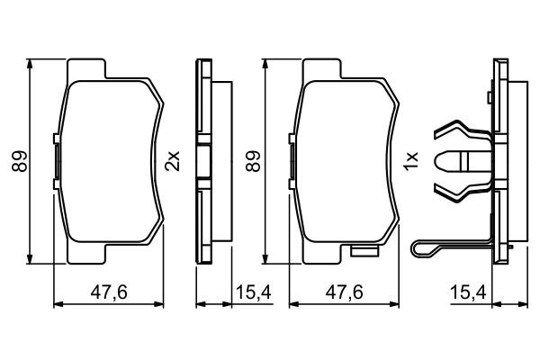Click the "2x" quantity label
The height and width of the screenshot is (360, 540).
pos(174,161)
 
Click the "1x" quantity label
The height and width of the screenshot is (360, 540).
pos(411,161)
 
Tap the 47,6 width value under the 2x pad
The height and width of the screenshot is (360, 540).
pos(109,290)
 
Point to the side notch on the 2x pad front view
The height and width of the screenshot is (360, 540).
pos(57,160)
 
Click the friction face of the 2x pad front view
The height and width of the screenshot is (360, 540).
pos(108,162)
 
